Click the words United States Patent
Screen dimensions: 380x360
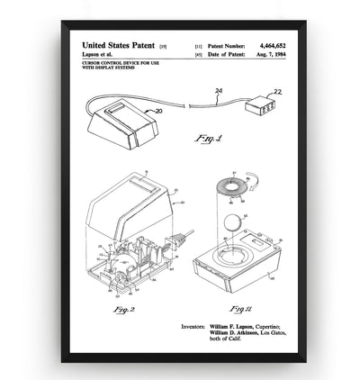[118, 44]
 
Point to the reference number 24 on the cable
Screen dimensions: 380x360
[217, 91]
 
